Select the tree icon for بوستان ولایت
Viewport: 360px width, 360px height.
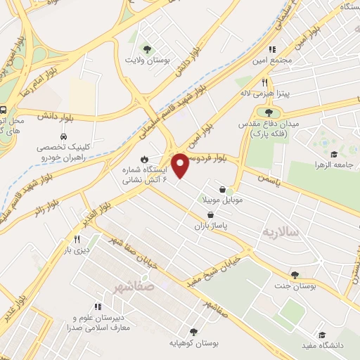pos(147,49)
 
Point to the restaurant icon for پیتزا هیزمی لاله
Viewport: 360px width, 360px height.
pos(265,82)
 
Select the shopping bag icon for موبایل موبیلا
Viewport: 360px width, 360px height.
pos(223,189)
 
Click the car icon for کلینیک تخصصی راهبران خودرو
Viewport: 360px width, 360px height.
pos(63,136)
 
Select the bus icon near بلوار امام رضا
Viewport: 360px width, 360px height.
pos(4,110)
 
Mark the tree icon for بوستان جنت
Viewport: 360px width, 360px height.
pos(294,274)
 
